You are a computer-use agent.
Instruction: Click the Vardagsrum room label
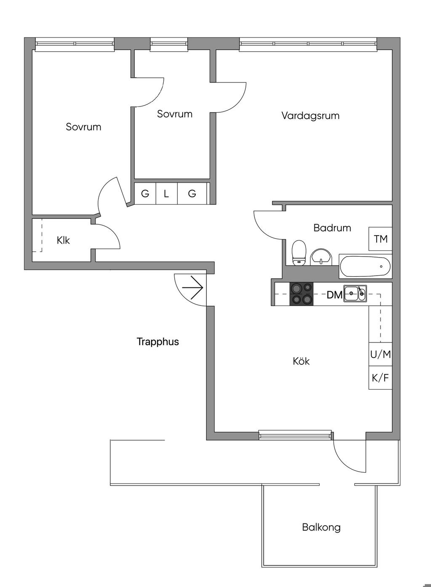(310, 116)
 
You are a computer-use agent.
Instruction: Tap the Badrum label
(332, 228)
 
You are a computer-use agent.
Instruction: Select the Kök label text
(301, 361)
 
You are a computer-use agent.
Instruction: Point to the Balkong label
(321, 527)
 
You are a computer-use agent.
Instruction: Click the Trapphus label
(158, 342)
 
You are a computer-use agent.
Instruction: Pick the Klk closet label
(63, 241)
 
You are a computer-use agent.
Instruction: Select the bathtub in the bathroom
(365, 266)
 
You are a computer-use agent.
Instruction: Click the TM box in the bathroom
(380, 239)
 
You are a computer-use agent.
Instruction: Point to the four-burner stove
(301, 294)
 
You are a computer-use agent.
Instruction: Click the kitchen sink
(355, 293)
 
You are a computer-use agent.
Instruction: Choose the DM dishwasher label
(335, 295)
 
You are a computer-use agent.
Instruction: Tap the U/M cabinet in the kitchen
(380, 354)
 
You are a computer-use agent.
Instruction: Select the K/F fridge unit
(380, 378)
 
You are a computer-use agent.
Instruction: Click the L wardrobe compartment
(166, 194)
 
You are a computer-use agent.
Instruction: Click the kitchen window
(295, 435)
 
